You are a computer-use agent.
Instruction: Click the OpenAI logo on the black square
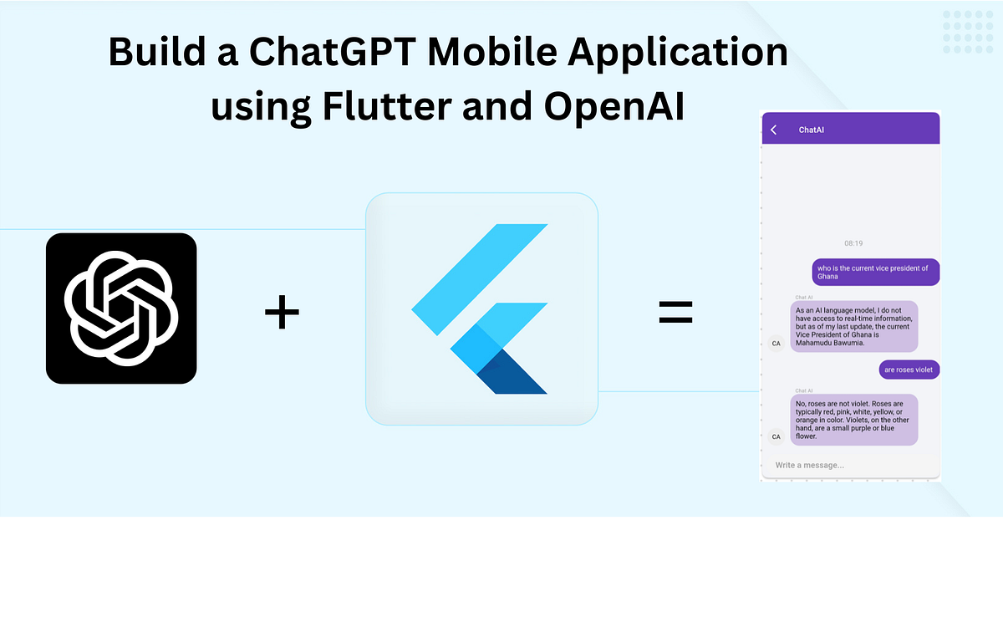coord(121,308)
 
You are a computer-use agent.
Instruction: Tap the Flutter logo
coord(481,308)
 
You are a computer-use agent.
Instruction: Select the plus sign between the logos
coord(282,314)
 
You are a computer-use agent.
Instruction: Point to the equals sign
coord(675,314)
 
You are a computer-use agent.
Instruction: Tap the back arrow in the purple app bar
coord(774,130)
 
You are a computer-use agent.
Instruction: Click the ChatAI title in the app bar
coord(812,130)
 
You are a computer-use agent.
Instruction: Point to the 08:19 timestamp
coord(853,243)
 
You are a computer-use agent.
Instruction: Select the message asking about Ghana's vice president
coord(875,272)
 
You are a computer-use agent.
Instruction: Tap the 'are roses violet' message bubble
coord(909,370)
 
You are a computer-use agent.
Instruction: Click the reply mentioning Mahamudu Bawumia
coord(853,326)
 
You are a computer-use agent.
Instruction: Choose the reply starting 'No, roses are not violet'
coord(853,420)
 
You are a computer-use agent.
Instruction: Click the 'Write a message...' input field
coord(844,465)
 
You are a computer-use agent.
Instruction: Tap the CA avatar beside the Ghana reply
coord(776,343)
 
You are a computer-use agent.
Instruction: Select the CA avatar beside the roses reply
coord(776,436)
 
